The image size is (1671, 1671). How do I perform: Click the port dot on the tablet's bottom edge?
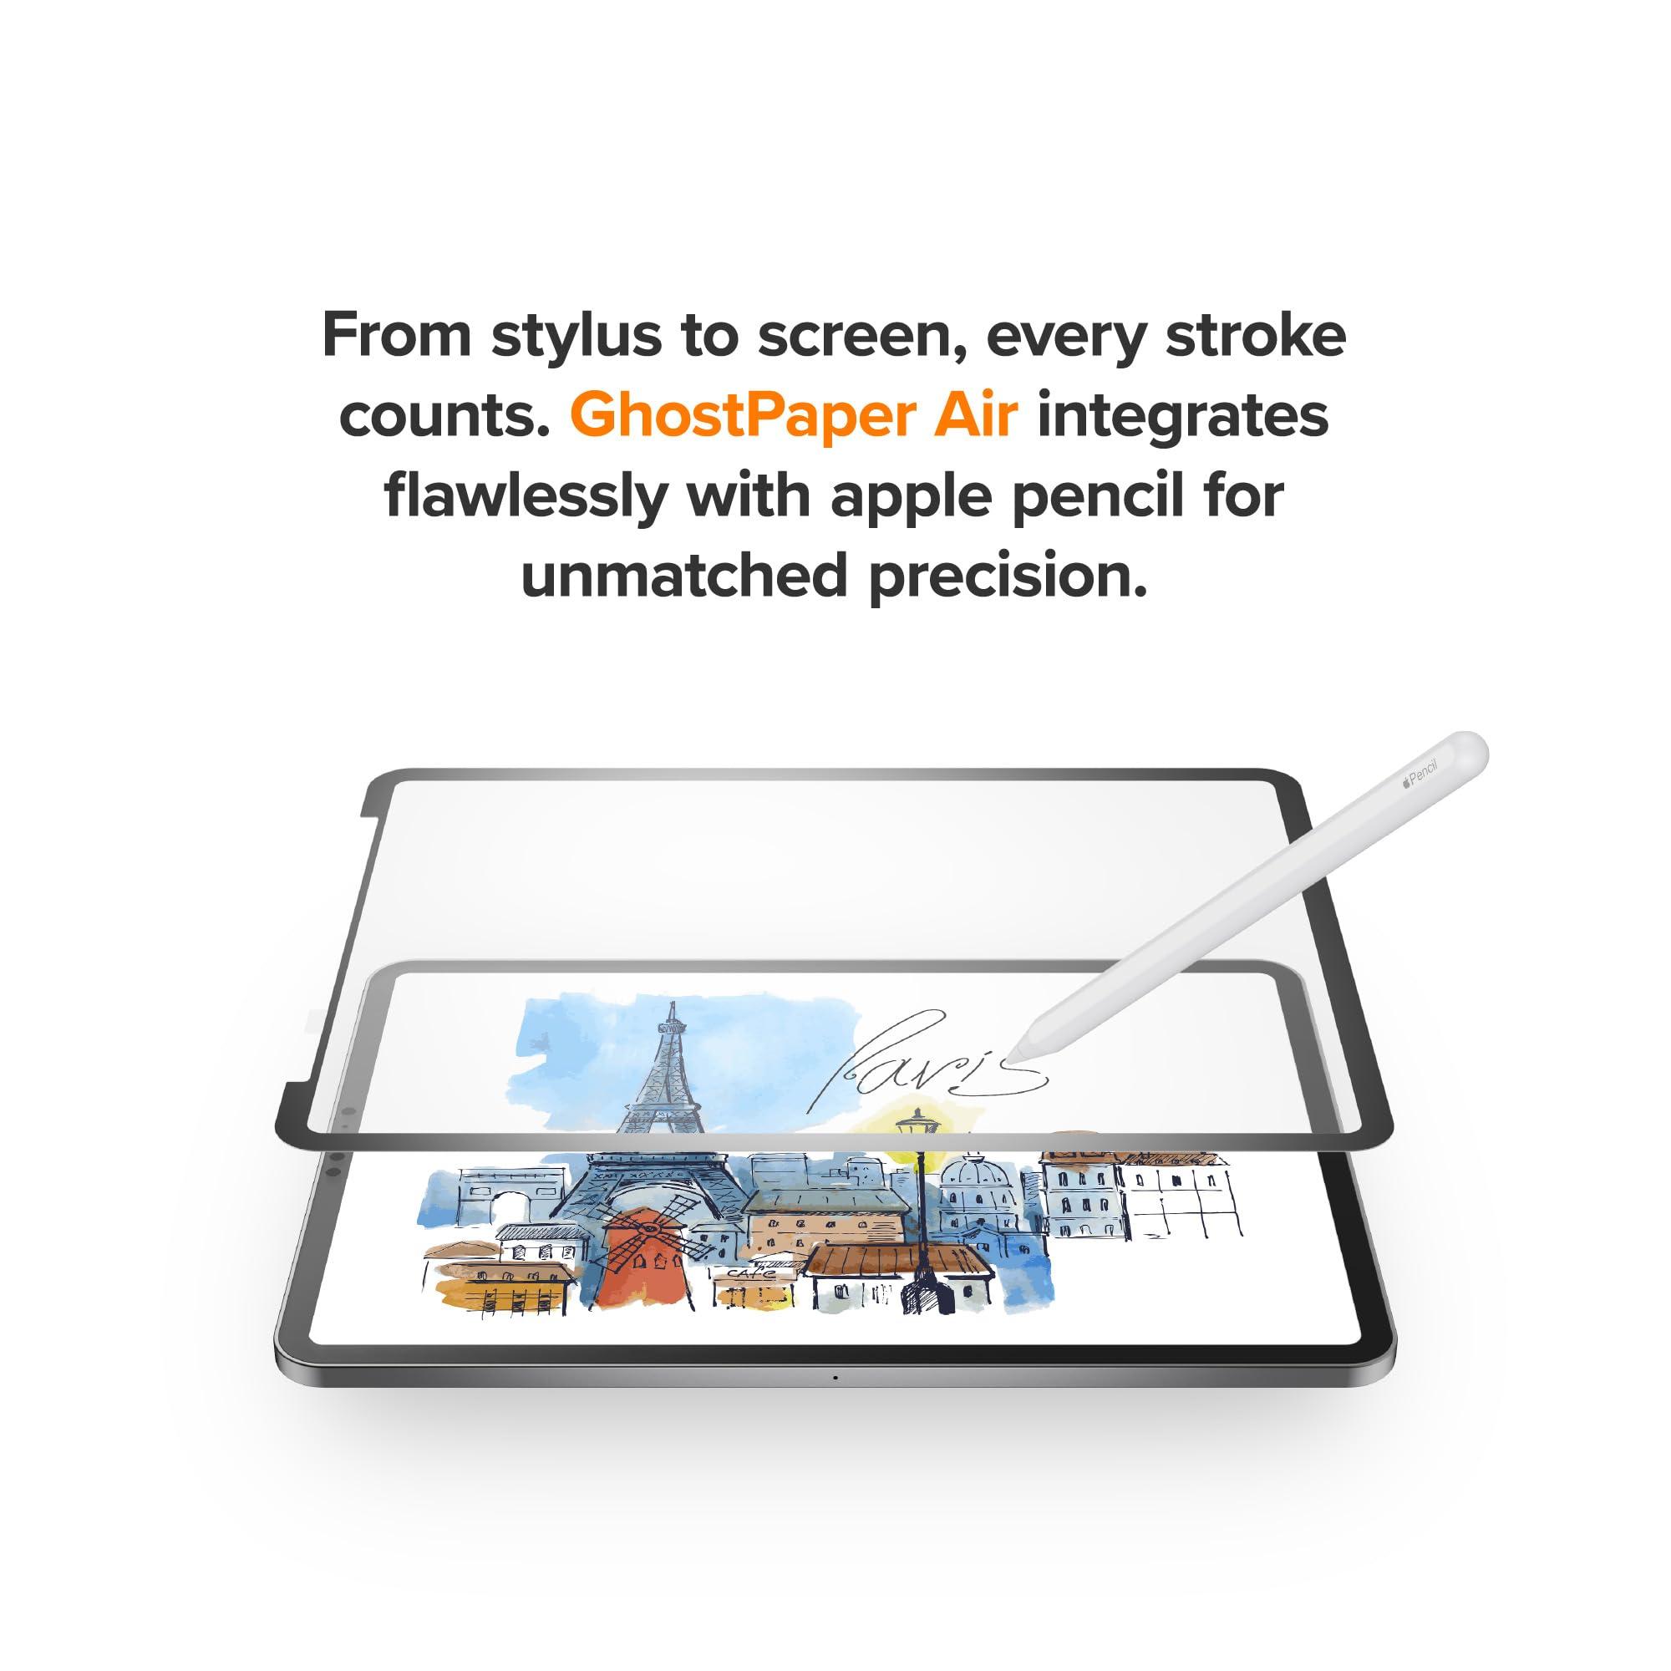click(835, 1377)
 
